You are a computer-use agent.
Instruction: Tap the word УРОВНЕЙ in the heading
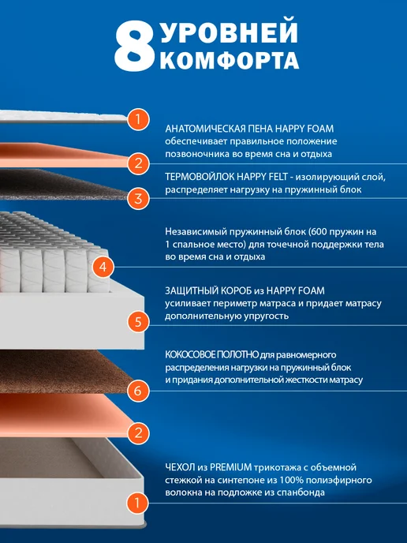tap(229, 32)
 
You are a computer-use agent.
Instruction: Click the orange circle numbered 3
tap(138, 199)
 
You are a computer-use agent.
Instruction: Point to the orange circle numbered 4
tap(103, 267)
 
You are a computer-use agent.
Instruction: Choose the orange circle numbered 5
tap(138, 321)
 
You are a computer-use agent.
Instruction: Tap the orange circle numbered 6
tap(138, 391)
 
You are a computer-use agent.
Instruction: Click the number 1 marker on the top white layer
tap(138, 119)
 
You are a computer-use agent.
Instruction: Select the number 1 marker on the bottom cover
tap(137, 503)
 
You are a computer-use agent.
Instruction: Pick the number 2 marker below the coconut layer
tap(138, 433)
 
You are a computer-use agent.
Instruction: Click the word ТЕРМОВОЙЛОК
tap(200, 177)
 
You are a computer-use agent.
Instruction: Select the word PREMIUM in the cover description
tap(230, 467)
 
